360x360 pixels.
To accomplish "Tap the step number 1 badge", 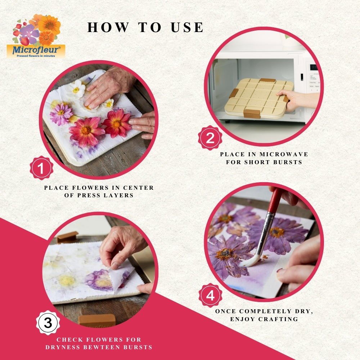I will tap(41, 168).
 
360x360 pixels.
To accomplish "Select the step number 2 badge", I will tap(210, 138).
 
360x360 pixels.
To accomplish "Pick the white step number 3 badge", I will tap(48, 323).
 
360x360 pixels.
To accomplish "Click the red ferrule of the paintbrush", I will tap(276, 202).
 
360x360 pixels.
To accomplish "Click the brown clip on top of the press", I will tap(267, 80).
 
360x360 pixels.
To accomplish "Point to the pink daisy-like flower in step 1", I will tap(61, 113).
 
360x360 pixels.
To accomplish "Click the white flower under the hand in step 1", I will tap(77, 88).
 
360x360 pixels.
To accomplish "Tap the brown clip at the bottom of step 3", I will tap(97, 320).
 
